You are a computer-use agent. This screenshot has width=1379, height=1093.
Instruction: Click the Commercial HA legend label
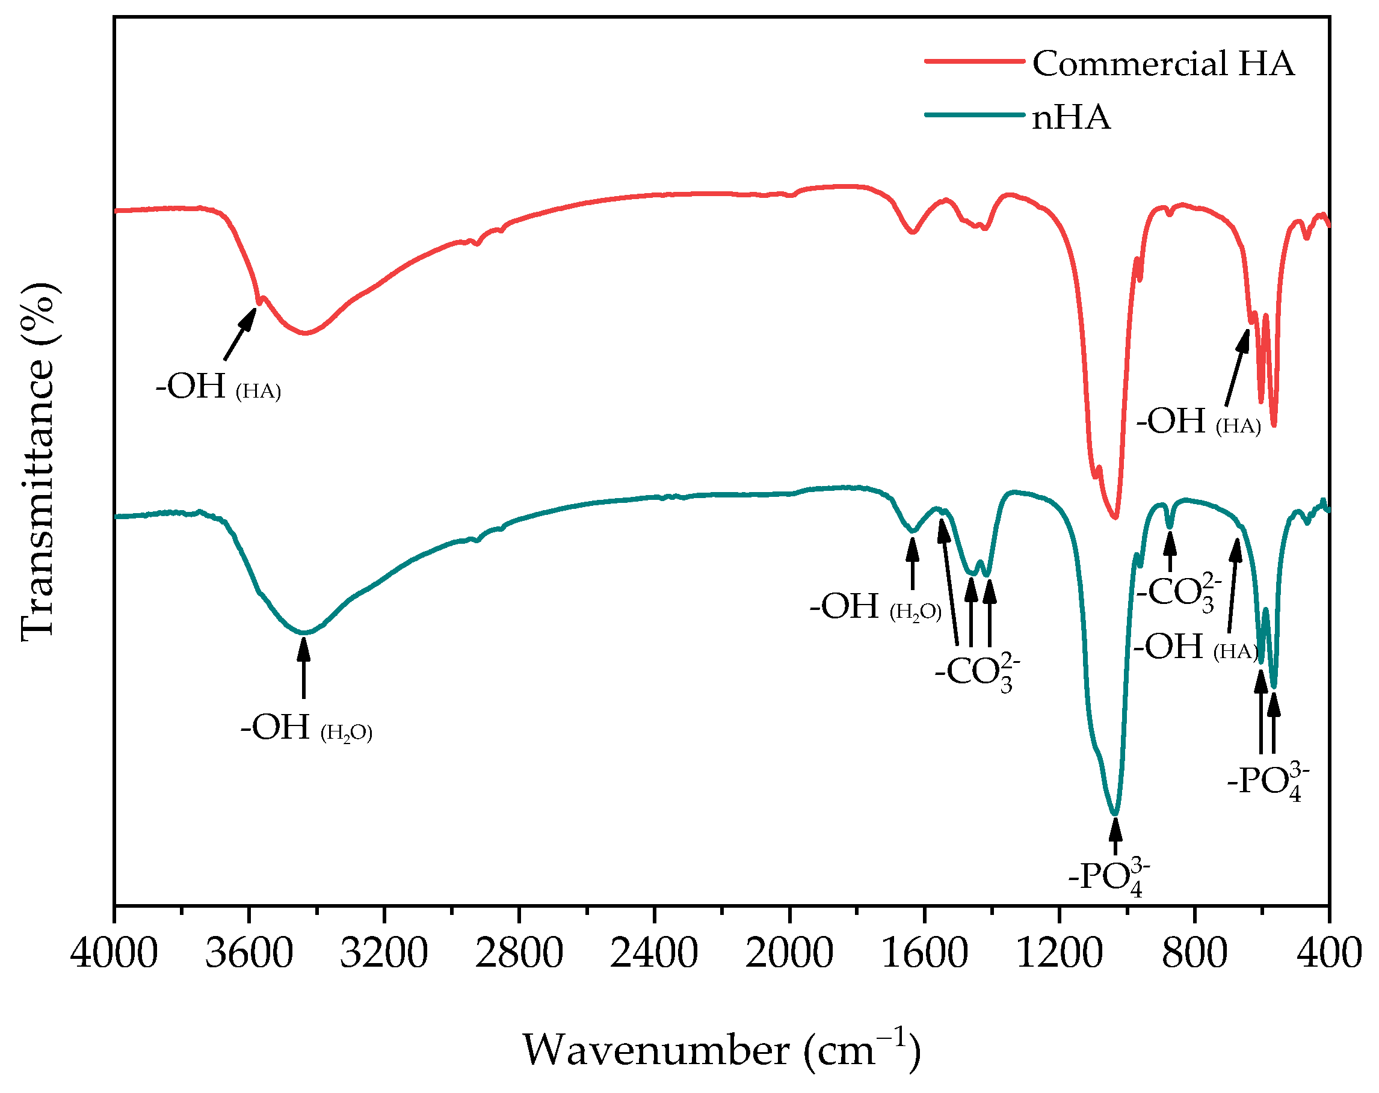pyautogui.click(x=1163, y=64)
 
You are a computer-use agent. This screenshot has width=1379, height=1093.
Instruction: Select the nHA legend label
pyautogui.click(x=1072, y=118)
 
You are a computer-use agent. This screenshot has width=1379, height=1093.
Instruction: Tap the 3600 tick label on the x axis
pyautogui.click(x=249, y=953)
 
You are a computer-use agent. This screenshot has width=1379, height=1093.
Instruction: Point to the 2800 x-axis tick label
pyautogui.click(x=519, y=953)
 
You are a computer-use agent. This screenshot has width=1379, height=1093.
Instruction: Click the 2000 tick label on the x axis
pyautogui.click(x=789, y=953)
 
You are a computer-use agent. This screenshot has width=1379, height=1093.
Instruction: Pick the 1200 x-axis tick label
pyautogui.click(x=1059, y=953)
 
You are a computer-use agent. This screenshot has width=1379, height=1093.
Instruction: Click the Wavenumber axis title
pyautogui.click(x=721, y=1050)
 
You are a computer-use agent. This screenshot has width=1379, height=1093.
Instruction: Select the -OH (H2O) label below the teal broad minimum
pyautogui.click(x=306, y=727)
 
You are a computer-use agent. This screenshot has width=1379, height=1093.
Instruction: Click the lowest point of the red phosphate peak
pyautogui.click(x=1115, y=517)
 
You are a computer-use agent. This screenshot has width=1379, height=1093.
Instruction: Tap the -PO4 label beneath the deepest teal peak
pyautogui.click(x=1109, y=877)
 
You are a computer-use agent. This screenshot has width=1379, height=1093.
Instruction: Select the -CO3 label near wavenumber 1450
pyautogui.click(x=976, y=672)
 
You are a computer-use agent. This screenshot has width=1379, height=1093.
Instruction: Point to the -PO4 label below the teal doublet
pyautogui.click(x=1268, y=781)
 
